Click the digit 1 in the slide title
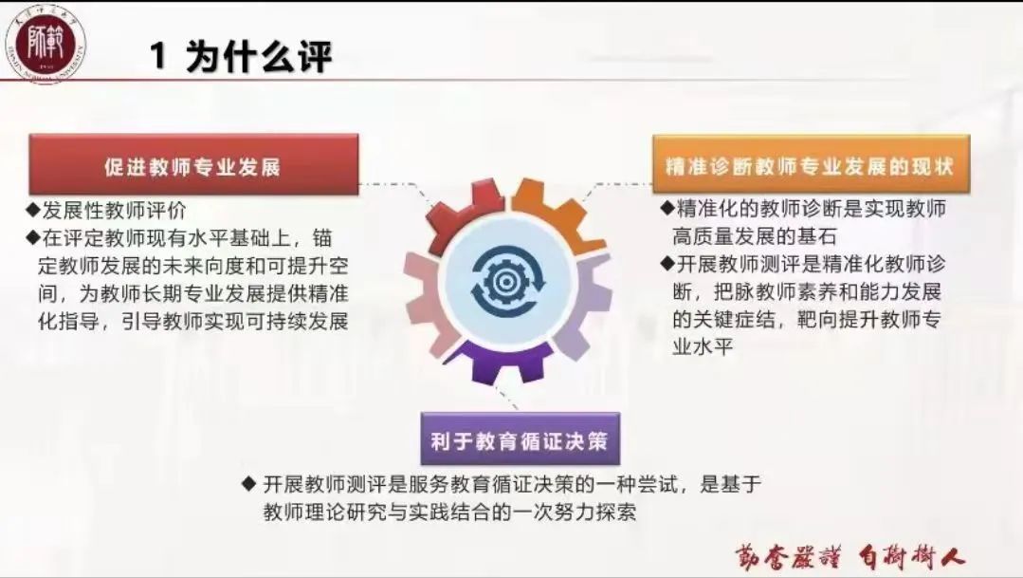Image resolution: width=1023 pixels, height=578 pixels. [x=158, y=55]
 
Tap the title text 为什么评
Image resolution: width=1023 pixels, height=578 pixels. [x=259, y=55]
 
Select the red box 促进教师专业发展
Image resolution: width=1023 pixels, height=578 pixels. [x=193, y=164]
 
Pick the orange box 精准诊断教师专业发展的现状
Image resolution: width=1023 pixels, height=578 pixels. [x=811, y=164]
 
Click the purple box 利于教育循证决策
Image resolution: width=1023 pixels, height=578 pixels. [x=520, y=439]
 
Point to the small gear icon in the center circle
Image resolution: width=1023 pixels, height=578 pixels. [x=503, y=282]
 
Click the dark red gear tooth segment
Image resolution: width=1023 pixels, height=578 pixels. [x=460, y=215]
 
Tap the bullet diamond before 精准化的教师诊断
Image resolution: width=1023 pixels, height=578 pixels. [x=667, y=209]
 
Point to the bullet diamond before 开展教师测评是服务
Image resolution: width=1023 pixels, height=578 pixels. [x=248, y=483]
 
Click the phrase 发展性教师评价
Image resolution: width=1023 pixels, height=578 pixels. [x=114, y=211]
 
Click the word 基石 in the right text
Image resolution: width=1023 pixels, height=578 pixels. [x=816, y=235]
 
